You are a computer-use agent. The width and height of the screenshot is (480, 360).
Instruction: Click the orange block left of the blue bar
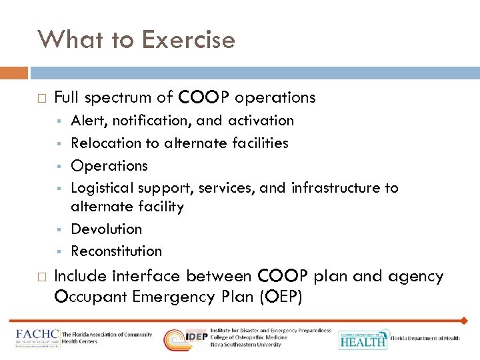pos(14,72)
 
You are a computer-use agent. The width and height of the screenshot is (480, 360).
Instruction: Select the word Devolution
pos(106,229)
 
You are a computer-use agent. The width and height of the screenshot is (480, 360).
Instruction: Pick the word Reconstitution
pos(116,251)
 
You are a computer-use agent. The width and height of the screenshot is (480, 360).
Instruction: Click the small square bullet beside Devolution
pos(59,229)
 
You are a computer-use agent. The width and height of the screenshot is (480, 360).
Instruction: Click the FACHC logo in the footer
pos(37,337)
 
